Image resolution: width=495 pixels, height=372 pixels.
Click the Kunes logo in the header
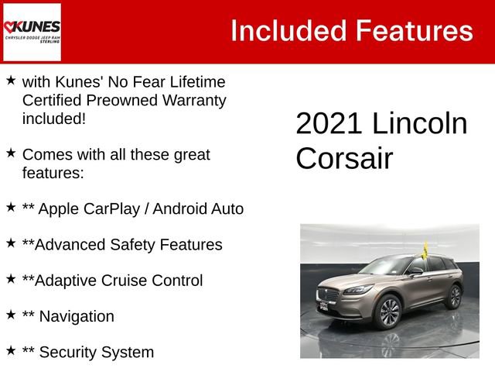click(x=32, y=32)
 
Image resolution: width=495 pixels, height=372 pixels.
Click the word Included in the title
click(x=287, y=31)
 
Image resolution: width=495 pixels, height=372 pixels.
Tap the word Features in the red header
click(x=414, y=31)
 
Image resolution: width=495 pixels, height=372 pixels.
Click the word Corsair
click(x=344, y=158)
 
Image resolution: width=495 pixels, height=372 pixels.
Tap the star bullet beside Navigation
click(x=11, y=315)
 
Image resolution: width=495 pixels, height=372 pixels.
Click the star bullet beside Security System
click(x=11, y=350)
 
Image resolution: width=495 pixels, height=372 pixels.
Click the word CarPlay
click(x=117, y=208)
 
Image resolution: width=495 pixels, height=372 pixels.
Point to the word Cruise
click(x=126, y=281)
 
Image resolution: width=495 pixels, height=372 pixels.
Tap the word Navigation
click(x=76, y=316)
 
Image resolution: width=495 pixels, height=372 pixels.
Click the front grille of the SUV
click(x=329, y=295)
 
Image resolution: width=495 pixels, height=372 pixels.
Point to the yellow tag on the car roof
click(x=425, y=250)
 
